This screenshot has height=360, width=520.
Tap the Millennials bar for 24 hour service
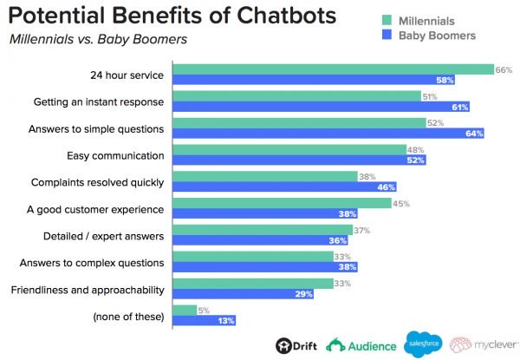[x=333, y=69]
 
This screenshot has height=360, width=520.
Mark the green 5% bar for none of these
[x=185, y=308]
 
